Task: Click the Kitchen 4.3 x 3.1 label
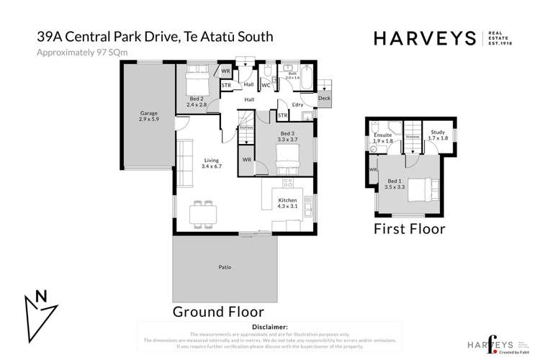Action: click(x=287, y=202)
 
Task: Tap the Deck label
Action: click(x=324, y=98)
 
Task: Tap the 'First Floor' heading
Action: click(x=408, y=229)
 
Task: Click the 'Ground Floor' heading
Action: click(x=217, y=312)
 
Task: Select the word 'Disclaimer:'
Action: click(x=267, y=328)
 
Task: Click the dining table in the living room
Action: click(x=202, y=213)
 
